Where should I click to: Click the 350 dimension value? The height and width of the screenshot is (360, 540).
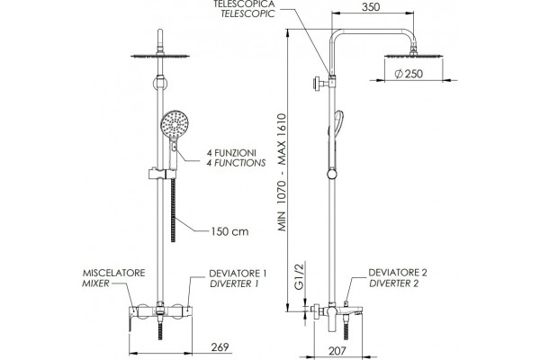371,7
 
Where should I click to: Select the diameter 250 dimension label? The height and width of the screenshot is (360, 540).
409,74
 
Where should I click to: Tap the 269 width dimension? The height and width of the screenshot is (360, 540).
220,346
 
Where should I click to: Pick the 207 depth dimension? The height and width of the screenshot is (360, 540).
337,351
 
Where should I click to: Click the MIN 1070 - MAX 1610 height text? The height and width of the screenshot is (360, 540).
282,172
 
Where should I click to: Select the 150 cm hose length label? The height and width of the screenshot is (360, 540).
229,231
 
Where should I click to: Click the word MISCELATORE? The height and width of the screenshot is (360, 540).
113,273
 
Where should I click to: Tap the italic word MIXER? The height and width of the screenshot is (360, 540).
95,283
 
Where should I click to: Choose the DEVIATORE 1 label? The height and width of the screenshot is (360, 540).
238,274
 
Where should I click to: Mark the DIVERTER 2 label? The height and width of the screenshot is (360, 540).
394,283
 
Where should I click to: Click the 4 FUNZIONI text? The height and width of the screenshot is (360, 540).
231,152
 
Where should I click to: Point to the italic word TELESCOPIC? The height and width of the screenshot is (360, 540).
247,13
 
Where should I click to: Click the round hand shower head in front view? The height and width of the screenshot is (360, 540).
175,124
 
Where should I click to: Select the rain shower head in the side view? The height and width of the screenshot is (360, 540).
413,56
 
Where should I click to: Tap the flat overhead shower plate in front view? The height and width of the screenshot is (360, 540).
160,56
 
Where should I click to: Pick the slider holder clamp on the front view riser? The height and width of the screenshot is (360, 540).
162,174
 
